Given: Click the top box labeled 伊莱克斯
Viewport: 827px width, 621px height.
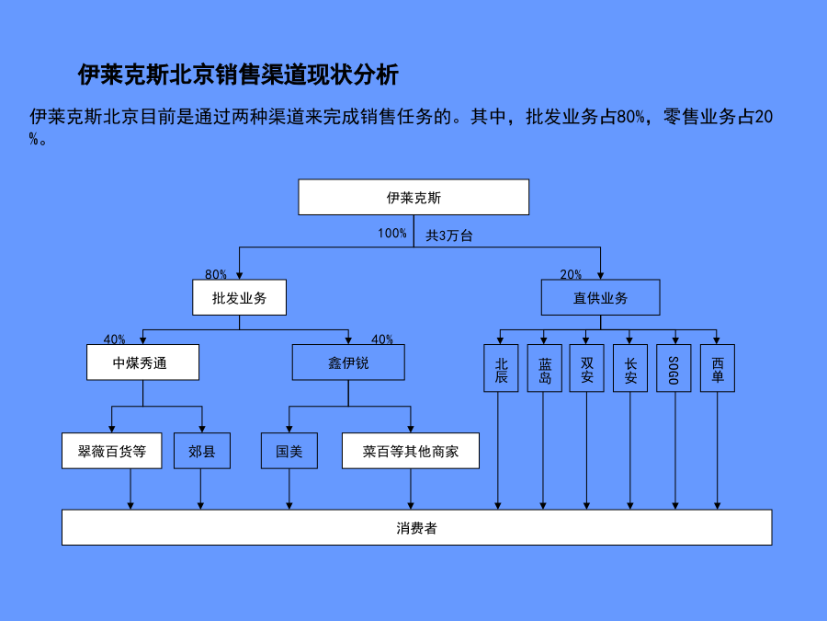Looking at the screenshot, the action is pyautogui.click(x=413, y=197).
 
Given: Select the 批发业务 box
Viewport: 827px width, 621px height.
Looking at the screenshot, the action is pyautogui.click(x=240, y=297).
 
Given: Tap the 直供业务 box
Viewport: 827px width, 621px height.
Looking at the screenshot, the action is pyautogui.click(x=600, y=297).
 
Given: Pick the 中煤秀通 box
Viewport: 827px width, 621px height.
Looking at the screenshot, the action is pyautogui.click(x=143, y=362).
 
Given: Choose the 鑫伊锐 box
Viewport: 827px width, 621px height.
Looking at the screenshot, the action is pyautogui.click(x=348, y=362).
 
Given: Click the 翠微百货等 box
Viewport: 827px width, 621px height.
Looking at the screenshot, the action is pyautogui.click(x=112, y=451).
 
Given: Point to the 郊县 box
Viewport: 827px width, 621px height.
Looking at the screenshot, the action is pyautogui.click(x=202, y=451).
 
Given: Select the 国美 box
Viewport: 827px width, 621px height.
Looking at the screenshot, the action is pyautogui.click(x=289, y=451).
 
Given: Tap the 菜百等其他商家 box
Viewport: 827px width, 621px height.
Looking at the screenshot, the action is pyautogui.click(x=411, y=451).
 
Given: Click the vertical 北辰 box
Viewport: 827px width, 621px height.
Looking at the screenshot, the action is pyautogui.click(x=501, y=368).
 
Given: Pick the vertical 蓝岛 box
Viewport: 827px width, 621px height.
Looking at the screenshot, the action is pyautogui.click(x=544, y=368).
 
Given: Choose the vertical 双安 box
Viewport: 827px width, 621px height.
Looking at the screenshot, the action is pyautogui.click(x=586, y=368).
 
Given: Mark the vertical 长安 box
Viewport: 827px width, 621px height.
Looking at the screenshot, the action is pyautogui.click(x=630, y=368).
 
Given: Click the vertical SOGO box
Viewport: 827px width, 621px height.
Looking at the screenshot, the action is pyautogui.click(x=674, y=368).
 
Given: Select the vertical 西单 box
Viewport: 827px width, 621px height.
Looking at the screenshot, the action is pyautogui.click(x=718, y=368).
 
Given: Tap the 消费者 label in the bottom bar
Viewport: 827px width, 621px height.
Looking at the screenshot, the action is pyautogui.click(x=416, y=528).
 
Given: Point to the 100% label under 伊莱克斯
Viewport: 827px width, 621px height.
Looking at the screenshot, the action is pyautogui.click(x=391, y=234).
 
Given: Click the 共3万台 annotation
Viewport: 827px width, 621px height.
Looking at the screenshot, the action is pyautogui.click(x=448, y=236).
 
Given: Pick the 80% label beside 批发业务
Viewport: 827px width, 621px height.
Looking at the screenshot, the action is pyautogui.click(x=216, y=274).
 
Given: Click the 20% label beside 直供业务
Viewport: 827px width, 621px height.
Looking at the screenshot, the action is pyautogui.click(x=571, y=274).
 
